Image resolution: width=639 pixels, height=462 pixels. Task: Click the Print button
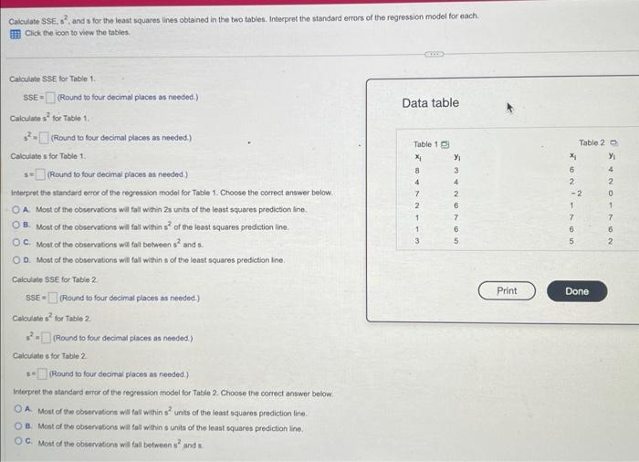pos(507,291)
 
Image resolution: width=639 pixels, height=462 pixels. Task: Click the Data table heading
pos(430,103)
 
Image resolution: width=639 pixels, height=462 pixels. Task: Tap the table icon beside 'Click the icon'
pos(16,32)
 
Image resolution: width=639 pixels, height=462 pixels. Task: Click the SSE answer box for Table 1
pos(52,98)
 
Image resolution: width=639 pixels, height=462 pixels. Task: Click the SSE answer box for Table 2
pos(52,298)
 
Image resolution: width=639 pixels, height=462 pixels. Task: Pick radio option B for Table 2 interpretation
pos(18,425)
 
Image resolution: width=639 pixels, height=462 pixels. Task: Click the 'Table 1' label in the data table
pos(425,144)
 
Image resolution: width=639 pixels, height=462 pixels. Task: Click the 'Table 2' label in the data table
pos(592,142)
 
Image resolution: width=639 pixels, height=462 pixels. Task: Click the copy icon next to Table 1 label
pos(446,144)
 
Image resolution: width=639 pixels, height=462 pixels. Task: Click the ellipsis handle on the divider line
pos(434,56)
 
